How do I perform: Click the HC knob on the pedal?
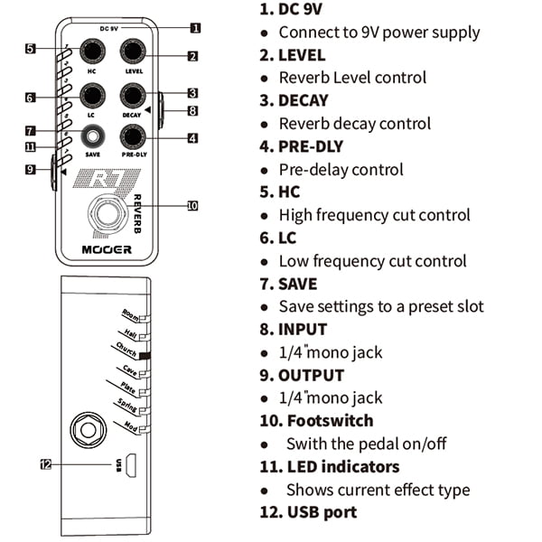coord(92,51)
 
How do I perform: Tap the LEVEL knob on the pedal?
coord(134,51)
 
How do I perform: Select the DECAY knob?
coord(134,95)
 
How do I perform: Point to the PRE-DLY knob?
coord(134,136)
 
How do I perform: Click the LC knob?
coord(92,95)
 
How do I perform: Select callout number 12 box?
coord(46,464)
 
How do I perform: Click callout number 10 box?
coord(192,206)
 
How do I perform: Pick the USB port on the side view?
coord(131,464)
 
